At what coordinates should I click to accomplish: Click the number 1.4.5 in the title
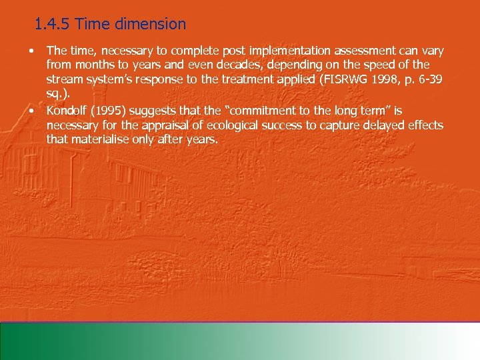[53, 25]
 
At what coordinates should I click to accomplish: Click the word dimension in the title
[153, 25]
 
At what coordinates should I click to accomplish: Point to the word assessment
[331, 51]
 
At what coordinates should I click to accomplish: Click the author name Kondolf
[67, 110]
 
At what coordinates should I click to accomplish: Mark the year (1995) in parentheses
[110, 110]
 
